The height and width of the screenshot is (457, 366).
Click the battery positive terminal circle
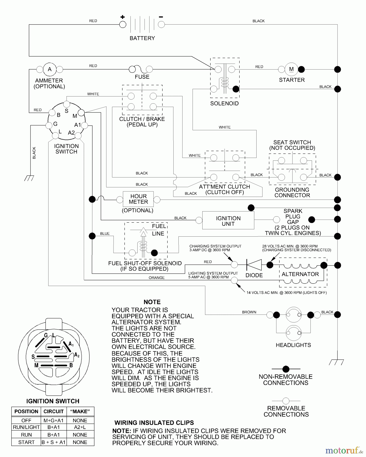coord(123,25)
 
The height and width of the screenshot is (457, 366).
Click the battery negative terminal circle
coord(161,25)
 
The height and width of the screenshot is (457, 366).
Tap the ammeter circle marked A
coord(50,69)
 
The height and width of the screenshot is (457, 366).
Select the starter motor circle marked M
coord(291,69)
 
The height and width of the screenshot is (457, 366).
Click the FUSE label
coord(142,77)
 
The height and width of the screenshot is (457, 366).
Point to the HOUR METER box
coord(138,199)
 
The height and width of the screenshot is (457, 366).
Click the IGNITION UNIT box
coord(228,221)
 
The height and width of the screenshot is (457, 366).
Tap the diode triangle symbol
coord(254,265)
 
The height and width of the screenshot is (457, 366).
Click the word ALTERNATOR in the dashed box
coord(300,274)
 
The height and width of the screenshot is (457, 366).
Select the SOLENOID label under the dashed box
coord(224,104)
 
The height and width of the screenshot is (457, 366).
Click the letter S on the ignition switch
coord(66,111)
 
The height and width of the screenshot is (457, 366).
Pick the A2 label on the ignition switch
coord(71,133)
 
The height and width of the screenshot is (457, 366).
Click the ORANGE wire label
coord(157,278)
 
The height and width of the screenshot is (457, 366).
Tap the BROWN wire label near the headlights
coord(249,312)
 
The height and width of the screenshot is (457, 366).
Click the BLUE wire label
coord(105,234)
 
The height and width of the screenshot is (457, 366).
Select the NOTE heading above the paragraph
coord(152,302)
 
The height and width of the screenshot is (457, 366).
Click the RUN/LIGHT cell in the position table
coord(26,427)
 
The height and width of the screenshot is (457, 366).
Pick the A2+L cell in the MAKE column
coord(80,427)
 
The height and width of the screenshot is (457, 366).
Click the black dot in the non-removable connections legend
coord(286,369)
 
